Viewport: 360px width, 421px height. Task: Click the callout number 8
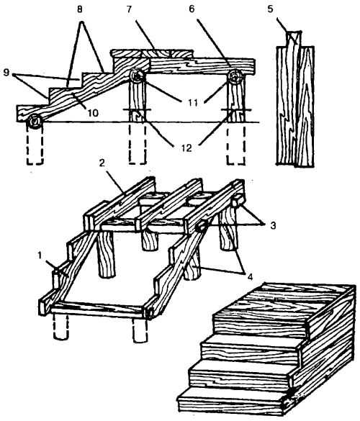79,9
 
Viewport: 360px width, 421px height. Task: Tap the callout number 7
129,9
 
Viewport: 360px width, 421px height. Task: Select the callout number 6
192,9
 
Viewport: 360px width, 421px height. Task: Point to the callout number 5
270,9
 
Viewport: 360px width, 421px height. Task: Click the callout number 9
6,73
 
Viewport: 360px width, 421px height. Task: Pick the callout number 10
93,113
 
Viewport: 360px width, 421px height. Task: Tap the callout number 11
193,102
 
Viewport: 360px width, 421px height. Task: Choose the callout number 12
186,148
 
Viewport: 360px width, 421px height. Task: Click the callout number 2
102,163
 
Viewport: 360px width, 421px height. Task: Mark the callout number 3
273,225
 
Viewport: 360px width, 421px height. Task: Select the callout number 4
250,277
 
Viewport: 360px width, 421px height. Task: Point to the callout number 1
40,255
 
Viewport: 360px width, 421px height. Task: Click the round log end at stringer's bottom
35,122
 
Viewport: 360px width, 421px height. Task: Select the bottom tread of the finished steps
231,401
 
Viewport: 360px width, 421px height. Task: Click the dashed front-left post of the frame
61,327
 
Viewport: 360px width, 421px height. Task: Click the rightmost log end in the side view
236,77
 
